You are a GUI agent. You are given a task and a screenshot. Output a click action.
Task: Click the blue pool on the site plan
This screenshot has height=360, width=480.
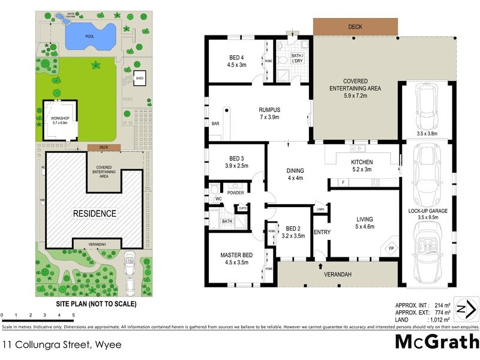(x=89, y=37)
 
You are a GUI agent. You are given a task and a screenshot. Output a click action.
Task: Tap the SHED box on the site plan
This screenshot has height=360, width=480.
(x=140, y=79)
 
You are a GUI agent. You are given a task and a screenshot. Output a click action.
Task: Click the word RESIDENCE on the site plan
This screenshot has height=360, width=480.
(x=95, y=213)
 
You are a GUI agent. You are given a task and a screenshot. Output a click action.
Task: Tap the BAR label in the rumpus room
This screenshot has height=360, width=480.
(x=215, y=124)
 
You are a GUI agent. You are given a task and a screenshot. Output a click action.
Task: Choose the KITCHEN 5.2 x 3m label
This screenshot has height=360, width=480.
(x=362, y=166)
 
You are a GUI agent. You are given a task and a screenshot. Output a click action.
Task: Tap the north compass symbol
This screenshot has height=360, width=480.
(x=466, y=309)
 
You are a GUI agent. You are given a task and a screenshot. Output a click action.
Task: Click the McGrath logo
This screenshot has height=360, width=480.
(x=437, y=342)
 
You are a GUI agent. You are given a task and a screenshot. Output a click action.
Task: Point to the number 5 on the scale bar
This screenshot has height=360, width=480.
(x=73, y=315)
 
